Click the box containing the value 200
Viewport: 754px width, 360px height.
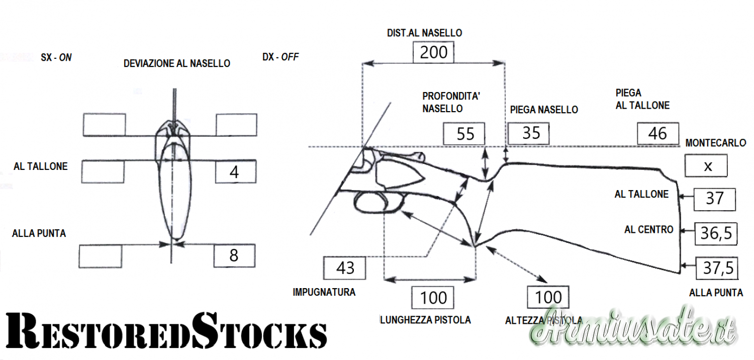[433, 52]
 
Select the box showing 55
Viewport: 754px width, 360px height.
[465, 134]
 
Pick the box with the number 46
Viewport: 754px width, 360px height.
[657, 133]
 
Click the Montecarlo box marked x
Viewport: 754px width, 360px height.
[706, 166]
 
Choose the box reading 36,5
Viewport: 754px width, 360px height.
[715, 234]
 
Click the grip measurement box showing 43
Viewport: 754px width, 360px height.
[345, 268]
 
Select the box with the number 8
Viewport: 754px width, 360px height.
[234, 255]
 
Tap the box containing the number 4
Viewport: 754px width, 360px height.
[235, 172]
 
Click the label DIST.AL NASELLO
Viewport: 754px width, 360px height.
[424, 33]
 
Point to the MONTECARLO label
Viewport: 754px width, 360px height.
[715, 143]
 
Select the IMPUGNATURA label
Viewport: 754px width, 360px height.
[324, 292]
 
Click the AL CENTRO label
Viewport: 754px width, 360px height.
[648, 230]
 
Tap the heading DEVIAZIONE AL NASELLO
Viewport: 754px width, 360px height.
[177, 64]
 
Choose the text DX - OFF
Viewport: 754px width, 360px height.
[280, 57]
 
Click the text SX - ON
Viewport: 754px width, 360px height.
[56, 58]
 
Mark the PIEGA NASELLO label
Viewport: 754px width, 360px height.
[544, 110]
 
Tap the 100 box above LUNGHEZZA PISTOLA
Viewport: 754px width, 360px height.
[433, 298]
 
